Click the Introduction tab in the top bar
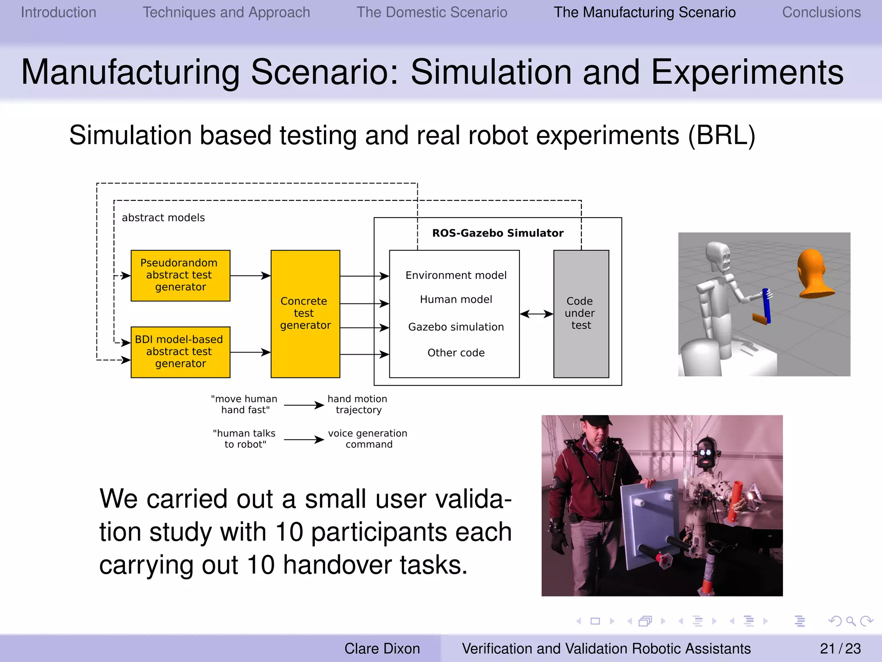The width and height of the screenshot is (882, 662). [x=59, y=12]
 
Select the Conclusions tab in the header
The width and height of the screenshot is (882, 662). [x=821, y=12]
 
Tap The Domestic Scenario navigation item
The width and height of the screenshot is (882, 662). [x=432, y=12]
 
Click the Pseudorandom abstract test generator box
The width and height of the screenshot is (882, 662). [x=180, y=275]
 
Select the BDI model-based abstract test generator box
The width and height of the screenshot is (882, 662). [x=180, y=352]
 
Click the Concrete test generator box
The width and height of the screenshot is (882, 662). [x=305, y=313]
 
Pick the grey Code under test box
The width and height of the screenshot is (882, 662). [x=581, y=313]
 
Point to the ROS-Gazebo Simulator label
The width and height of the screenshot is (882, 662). [x=497, y=233]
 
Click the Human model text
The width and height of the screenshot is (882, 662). [x=456, y=300]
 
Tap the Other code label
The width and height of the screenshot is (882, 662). [x=456, y=353]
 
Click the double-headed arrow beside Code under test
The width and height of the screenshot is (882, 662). [x=536, y=314]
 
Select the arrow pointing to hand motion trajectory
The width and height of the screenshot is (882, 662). [x=304, y=405]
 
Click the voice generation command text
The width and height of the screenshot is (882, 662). [x=368, y=439]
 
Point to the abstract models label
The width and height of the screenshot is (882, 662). [x=163, y=218]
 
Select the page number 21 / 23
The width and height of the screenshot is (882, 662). [x=840, y=649]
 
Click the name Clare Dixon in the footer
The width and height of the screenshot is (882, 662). [x=382, y=649]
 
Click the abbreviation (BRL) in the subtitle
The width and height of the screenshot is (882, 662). [x=721, y=136]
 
